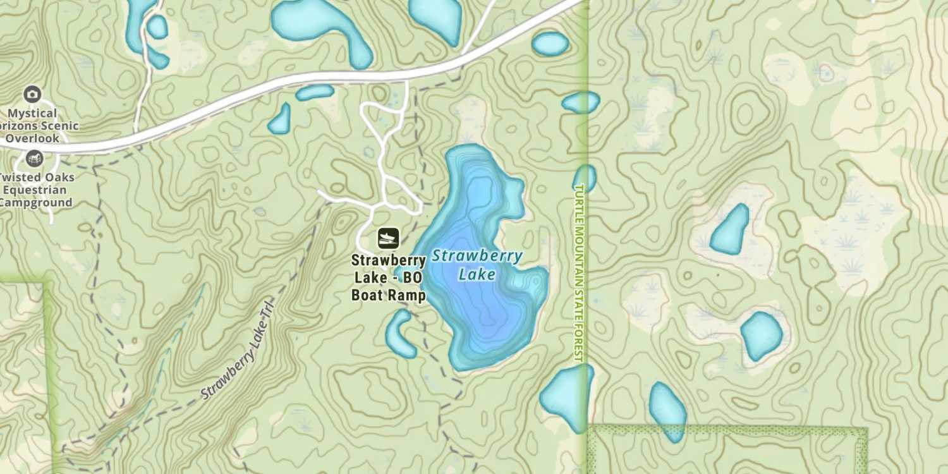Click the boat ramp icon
pos(388,238)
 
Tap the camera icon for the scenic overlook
pos(32,95)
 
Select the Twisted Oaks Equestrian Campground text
pos(37,190)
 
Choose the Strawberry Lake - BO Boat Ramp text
pos(388,278)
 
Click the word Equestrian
pos(38,190)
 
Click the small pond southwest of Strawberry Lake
pos(399,333)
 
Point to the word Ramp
pos(407,295)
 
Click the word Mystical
pos(32,114)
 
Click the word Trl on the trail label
pos(271,316)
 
